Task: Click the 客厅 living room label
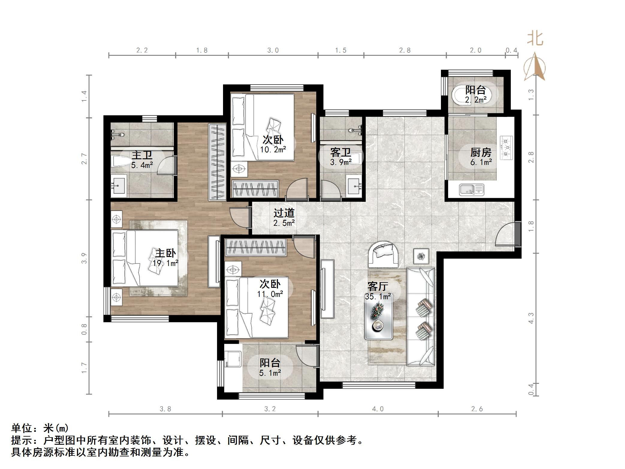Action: pyautogui.click(x=378, y=286)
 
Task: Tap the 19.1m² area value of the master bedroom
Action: pyautogui.click(x=165, y=263)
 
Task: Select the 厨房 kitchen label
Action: pyautogui.click(x=481, y=153)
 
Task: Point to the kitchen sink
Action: pyautogui.click(x=472, y=190)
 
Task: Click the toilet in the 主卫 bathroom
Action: pyautogui.click(x=120, y=162)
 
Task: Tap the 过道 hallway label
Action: pyautogui.click(x=284, y=213)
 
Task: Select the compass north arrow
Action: pyautogui.click(x=534, y=67)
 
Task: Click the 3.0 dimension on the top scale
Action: pyautogui.click(x=273, y=50)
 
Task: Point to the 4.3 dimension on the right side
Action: pyautogui.click(x=531, y=318)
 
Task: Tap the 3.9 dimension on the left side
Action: pyautogui.click(x=84, y=258)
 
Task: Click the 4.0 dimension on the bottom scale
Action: pyautogui.click(x=378, y=409)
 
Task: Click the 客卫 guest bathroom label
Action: pyautogui.click(x=341, y=153)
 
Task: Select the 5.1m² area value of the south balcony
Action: pyautogui.click(x=270, y=373)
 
